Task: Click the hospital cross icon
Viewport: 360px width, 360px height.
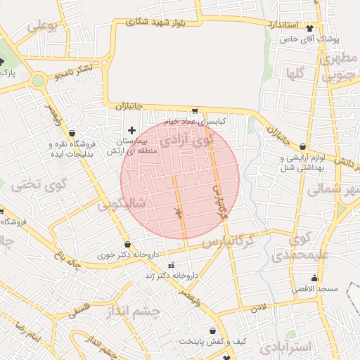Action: [131, 129]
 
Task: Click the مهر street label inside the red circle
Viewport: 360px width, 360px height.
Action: [179, 211]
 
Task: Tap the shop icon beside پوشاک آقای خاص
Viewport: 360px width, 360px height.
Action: [310, 28]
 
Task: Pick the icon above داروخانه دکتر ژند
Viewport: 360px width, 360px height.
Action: [170, 265]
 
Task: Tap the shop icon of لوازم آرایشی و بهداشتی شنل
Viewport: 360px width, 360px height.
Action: [302, 147]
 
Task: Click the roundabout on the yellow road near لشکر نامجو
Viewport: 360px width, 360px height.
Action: [38, 80]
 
